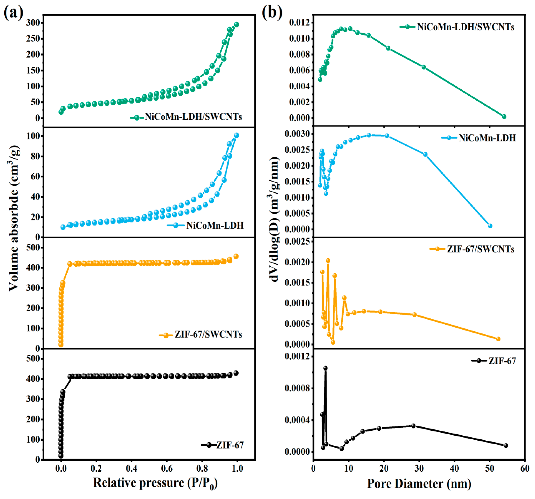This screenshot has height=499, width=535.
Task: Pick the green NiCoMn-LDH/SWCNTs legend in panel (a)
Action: (186, 117)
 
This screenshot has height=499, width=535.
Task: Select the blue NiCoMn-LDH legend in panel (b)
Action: (479, 138)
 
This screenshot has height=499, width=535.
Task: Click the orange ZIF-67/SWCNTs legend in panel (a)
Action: (201, 335)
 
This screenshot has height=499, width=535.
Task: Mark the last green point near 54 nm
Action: (504, 117)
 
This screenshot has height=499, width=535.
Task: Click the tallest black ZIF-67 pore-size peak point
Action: (325, 368)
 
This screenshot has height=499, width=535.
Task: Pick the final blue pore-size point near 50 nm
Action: (490, 226)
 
